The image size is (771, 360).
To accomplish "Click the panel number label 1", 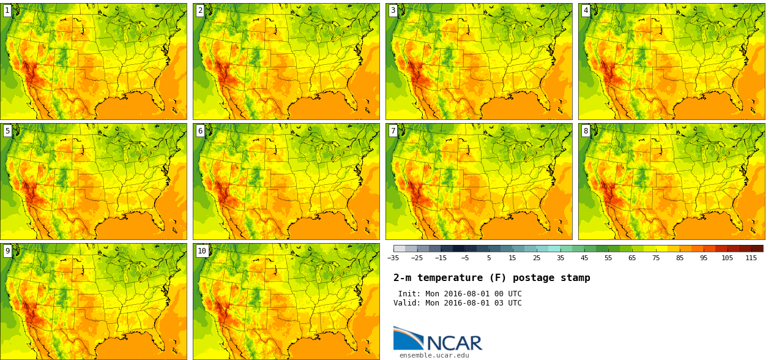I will [7, 10].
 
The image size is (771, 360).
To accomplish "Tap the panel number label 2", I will [200, 10].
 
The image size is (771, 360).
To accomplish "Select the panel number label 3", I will [393, 10].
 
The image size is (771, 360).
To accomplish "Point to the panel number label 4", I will [586, 10].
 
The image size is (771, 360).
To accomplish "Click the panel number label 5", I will [7, 130].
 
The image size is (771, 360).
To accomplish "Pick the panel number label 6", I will [200, 130].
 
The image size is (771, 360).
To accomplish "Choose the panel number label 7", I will [393, 130].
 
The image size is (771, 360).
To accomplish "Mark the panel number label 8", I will [586, 130].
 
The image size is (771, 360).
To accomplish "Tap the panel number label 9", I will [7, 250].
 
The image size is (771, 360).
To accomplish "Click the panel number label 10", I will [202, 250].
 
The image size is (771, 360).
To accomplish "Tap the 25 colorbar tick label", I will [537, 258].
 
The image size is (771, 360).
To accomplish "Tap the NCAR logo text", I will [454, 343].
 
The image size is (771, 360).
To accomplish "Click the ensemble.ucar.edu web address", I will [434, 355].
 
